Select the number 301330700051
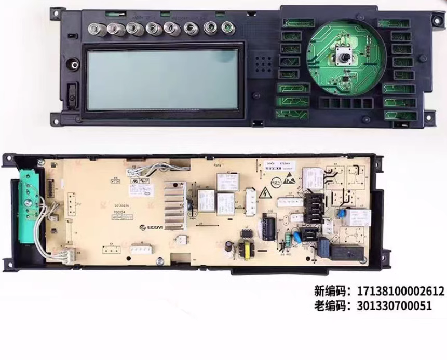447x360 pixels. click(x=394, y=306)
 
